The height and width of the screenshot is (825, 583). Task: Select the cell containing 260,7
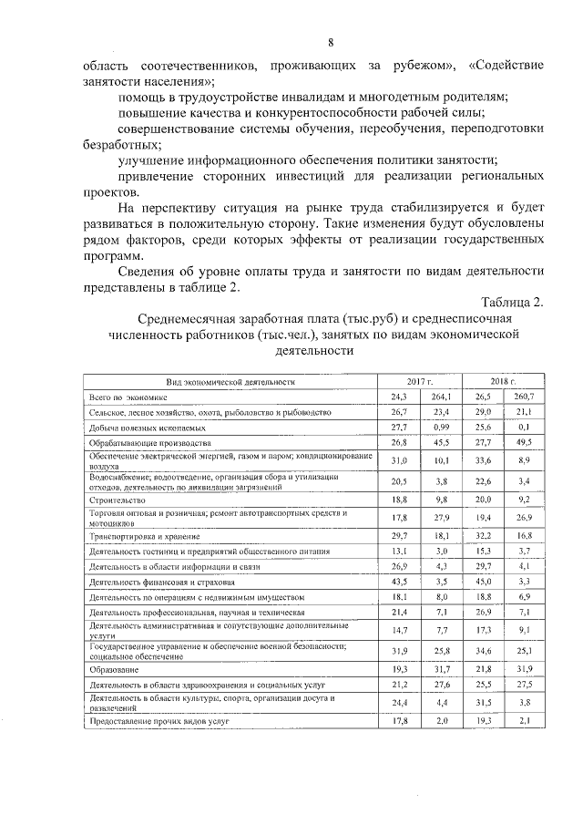(523, 397)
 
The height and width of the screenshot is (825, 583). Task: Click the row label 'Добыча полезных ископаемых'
(147, 427)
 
